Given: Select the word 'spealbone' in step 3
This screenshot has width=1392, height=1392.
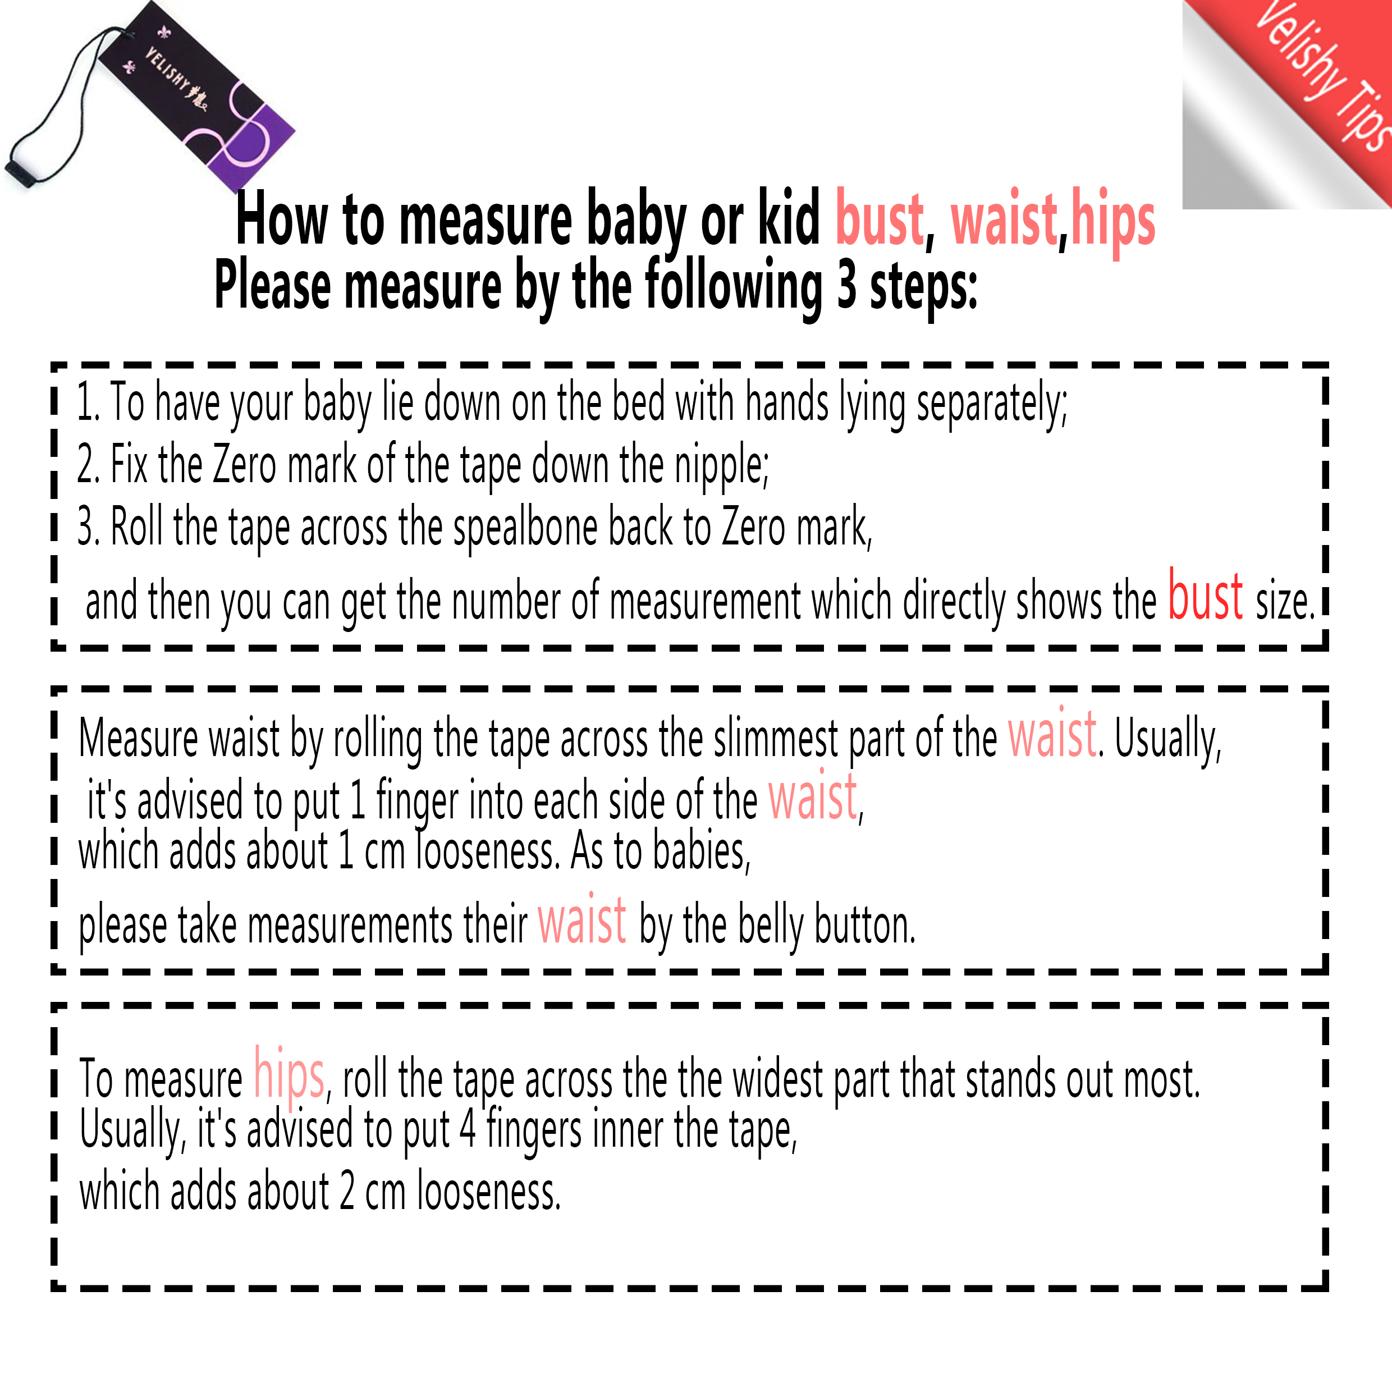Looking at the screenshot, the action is coord(526,528).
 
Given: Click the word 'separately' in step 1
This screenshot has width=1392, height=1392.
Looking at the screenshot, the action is coord(991,404).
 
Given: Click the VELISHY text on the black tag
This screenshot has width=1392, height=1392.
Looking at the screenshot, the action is coord(175,80).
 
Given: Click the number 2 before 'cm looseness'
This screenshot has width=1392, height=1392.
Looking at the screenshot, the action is coord(347,1191).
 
